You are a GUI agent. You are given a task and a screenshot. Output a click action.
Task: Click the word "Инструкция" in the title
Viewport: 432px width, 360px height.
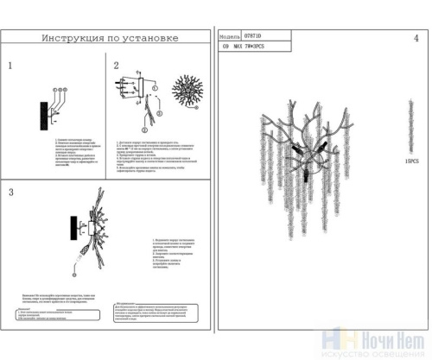click(72, 38)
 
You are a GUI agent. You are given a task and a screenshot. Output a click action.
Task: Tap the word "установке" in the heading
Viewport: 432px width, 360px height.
click(151, 38)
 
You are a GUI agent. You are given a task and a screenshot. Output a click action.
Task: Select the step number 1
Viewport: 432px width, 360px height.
click(10, 66)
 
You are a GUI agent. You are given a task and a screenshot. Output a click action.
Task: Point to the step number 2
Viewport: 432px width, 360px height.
click(116, 66)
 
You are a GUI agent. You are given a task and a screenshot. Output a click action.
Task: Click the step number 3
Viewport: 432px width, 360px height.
click(10, 192)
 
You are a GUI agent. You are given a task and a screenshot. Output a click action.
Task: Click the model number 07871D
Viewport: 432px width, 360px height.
click(256, 38)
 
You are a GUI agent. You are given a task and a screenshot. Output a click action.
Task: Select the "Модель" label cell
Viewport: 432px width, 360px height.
click(230, 38)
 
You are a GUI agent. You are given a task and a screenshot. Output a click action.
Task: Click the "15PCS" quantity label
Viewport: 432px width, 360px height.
click(410, 161)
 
